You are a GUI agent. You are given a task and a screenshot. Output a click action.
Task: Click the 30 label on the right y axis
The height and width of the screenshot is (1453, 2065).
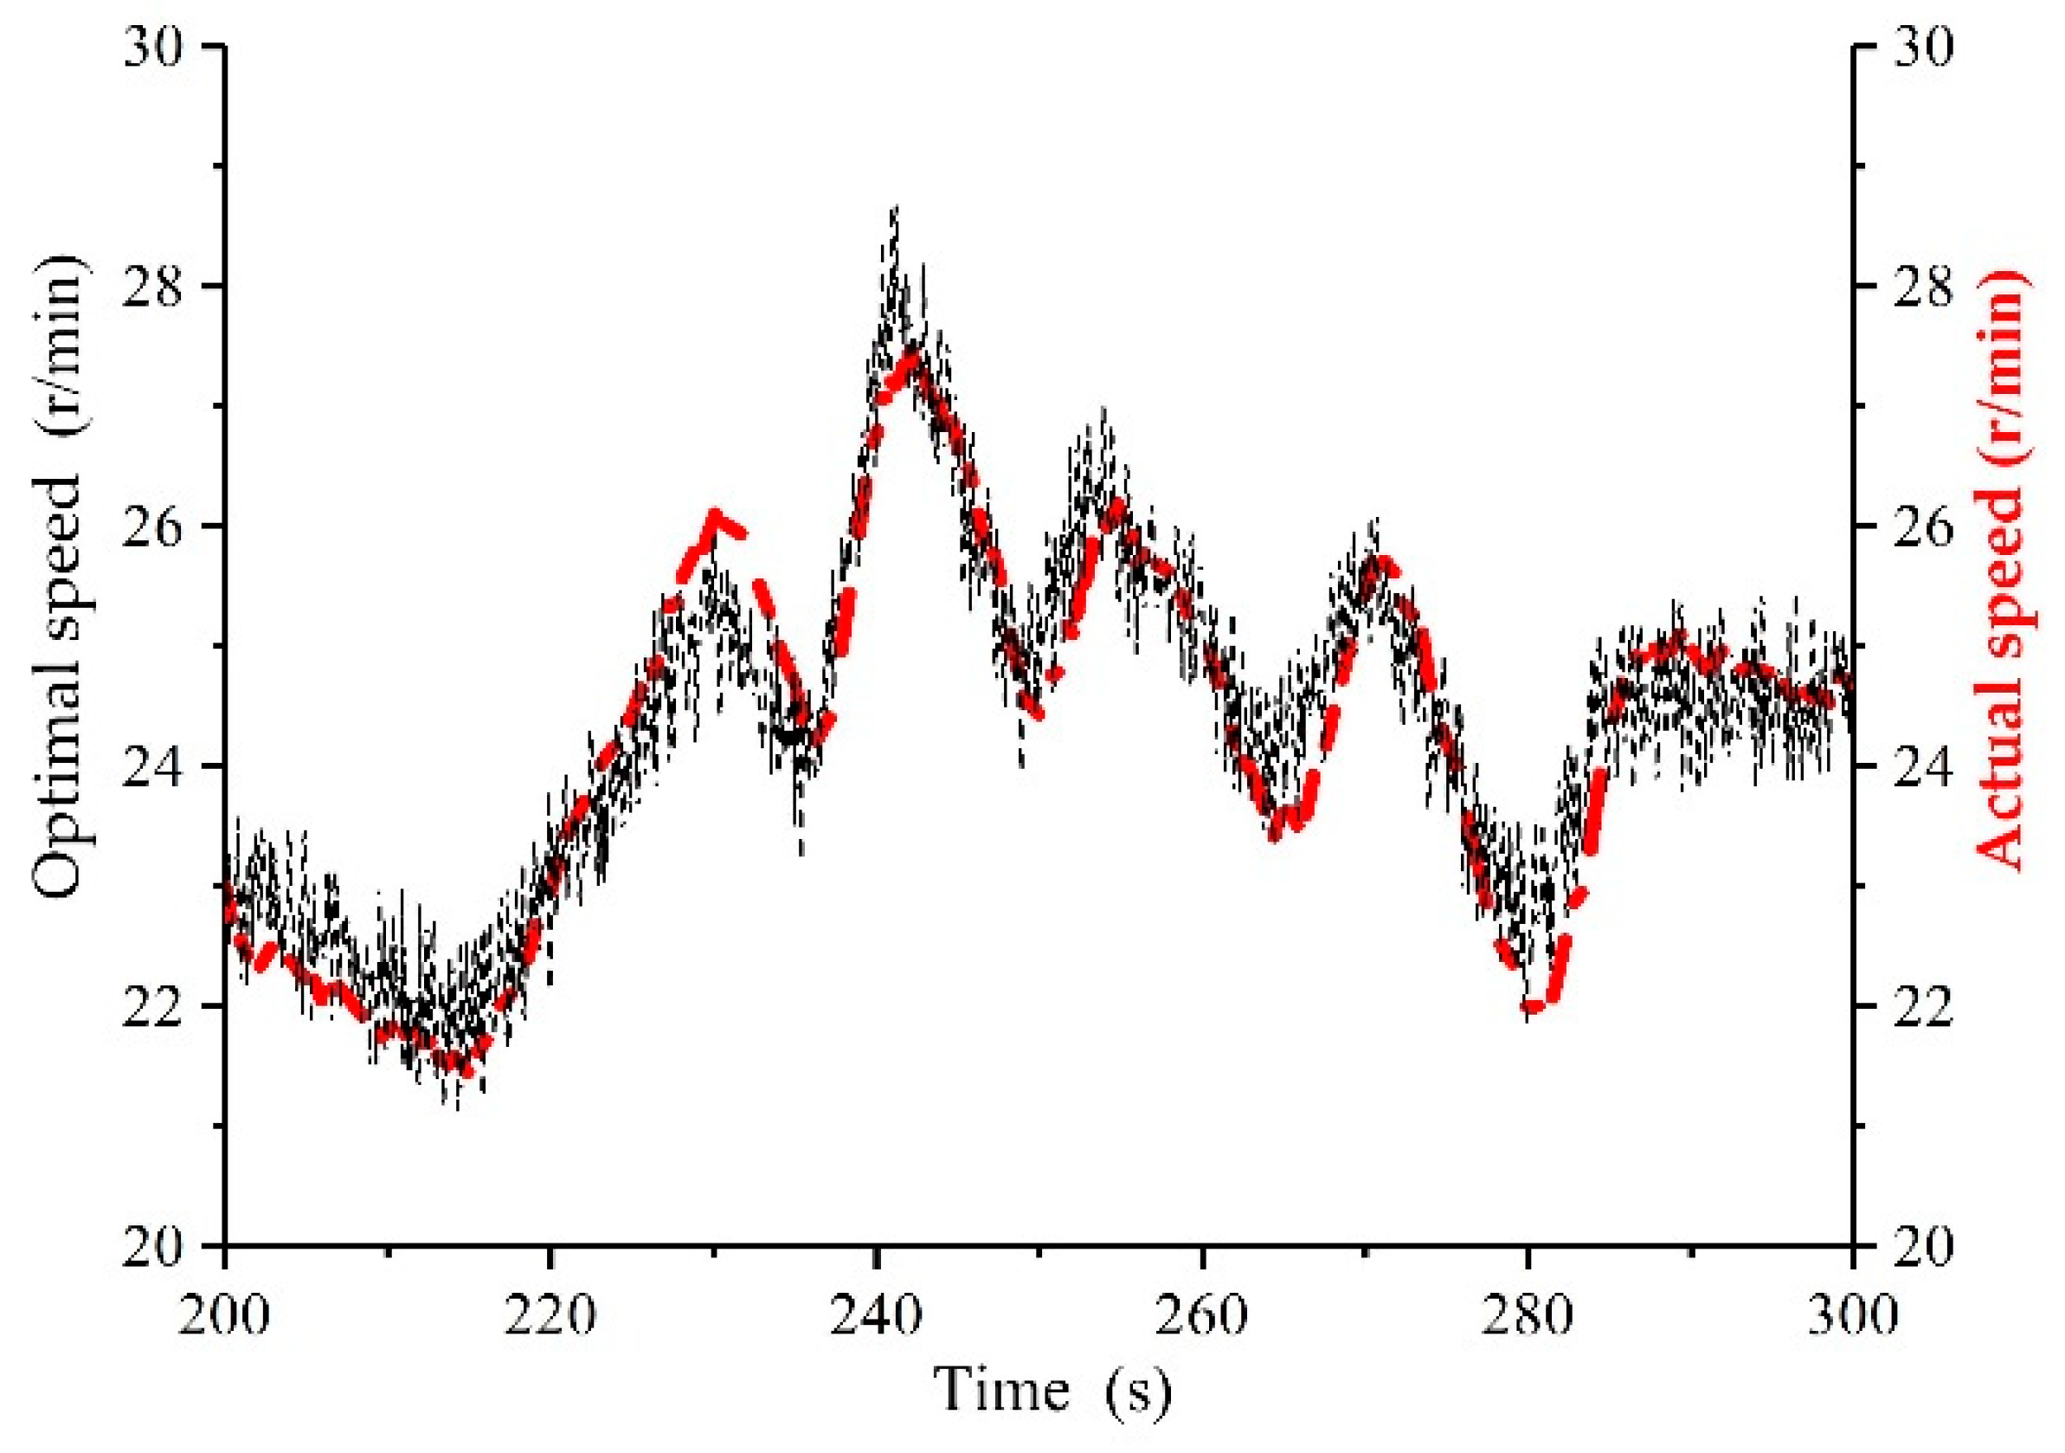1920,47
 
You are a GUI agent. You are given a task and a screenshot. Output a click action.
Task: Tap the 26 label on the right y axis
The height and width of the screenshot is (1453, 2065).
1920,526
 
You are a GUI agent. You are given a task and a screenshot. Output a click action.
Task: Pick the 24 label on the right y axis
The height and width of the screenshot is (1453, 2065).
1920,765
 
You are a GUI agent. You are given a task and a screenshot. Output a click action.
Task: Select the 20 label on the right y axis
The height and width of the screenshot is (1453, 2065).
1920,1246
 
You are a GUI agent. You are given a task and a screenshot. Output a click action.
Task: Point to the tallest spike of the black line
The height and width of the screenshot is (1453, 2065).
895,209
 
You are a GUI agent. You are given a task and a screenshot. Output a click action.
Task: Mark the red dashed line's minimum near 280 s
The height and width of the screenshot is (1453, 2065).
1534,1008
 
